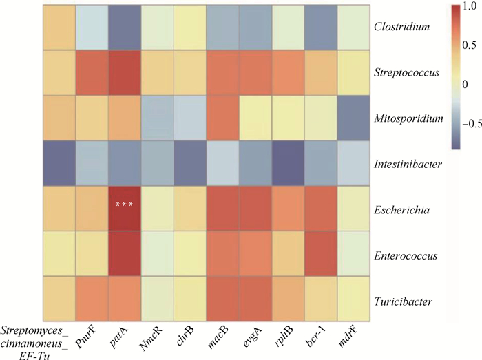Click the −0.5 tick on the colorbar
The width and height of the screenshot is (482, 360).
click(x=469, y=125)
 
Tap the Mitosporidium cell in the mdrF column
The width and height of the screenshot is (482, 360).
click(x=350, y=118)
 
